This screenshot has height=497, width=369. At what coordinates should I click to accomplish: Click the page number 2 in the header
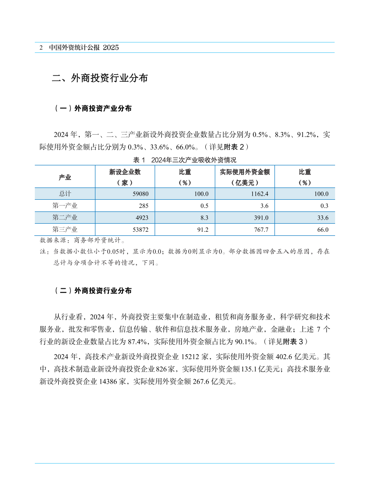(41, 47)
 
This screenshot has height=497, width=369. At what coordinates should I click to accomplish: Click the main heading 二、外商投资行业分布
(99, 78)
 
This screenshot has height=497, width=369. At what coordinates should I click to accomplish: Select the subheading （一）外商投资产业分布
(93, 108)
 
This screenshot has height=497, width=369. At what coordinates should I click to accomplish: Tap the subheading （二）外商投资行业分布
(93, 291)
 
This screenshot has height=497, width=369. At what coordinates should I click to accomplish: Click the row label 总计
(65, 194)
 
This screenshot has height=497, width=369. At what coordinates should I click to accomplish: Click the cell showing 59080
(134, 194)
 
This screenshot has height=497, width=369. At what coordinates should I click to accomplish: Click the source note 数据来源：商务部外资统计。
(83, 240)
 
